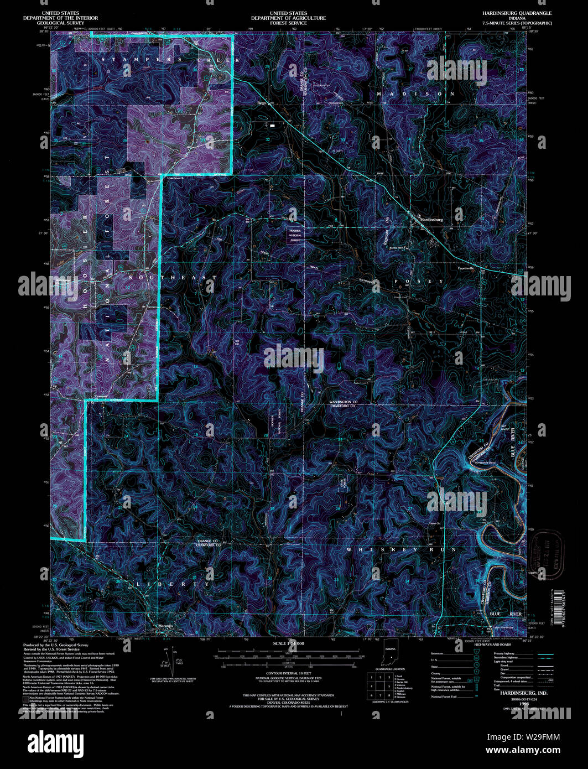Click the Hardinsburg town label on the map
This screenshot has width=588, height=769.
pyautogui.click(x=431, y=220)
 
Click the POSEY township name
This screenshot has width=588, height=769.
pyautogui.click(x=419, y=282)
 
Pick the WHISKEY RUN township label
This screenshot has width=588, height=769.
pyautogui.click(x=401, y=550)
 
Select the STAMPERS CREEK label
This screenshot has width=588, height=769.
pyautogui.click(x=171, y=59)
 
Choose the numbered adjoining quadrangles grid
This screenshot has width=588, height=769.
pyautogui.click(x=380, y=685)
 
